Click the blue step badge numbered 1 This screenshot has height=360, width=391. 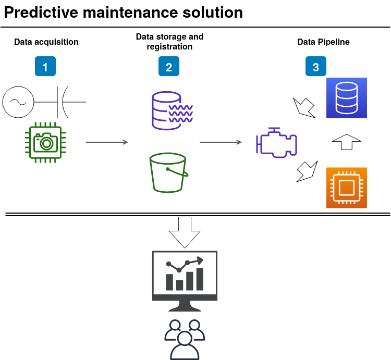45,66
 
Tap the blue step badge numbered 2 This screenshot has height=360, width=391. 169,66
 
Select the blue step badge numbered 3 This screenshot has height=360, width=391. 316,66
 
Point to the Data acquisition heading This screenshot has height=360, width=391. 46,42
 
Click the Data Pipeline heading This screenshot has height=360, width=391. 323,42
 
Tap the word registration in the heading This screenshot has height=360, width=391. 169,47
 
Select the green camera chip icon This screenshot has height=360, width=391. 45,143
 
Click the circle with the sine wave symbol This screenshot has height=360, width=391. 18,102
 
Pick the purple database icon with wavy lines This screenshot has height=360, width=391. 172,110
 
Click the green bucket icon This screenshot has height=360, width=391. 169,172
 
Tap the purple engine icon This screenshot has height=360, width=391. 276,143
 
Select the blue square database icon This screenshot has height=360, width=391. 347,98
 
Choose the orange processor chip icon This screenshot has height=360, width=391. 347,188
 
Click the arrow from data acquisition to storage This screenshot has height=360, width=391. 107,142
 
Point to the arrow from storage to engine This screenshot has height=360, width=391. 221,142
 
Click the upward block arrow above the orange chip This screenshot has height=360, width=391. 347,142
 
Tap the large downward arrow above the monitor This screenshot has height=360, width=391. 185,232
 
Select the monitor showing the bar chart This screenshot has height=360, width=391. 185,281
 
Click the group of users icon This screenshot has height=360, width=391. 185,340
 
